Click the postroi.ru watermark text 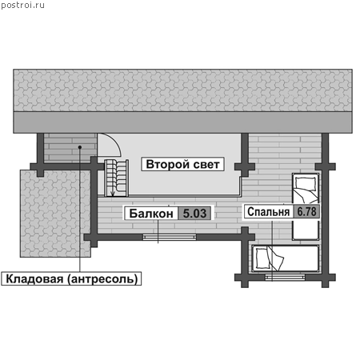22,5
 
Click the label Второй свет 182,164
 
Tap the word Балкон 151,214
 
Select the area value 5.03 194,214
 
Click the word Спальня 268,212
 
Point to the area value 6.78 306,212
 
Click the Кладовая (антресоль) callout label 71,279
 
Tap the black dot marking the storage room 79,147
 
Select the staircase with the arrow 116,178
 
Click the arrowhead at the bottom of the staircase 113,194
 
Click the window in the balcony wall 170,237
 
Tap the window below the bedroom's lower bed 285,278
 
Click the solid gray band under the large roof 182,122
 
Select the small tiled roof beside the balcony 55,214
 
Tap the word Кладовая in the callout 34,279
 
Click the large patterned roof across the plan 182,90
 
